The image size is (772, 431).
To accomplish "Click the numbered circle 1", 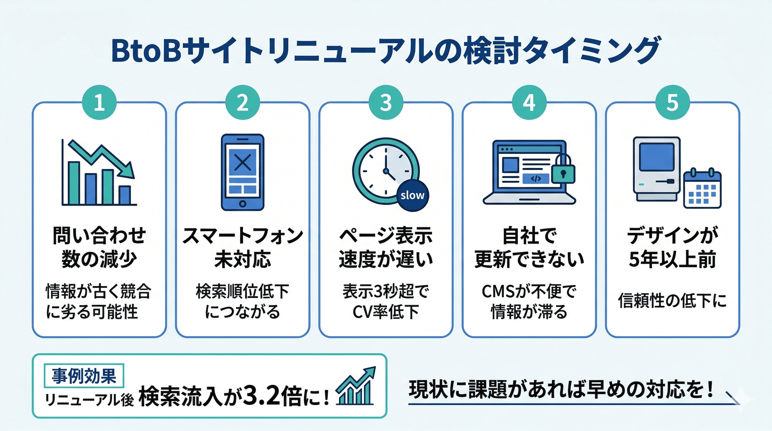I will (99, 102).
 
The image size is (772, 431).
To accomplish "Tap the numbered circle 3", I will (386, 102).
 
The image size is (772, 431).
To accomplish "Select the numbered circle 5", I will (672, 102).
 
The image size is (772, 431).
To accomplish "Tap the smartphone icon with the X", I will (242, 172).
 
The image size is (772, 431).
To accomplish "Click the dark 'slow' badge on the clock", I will (413, 195).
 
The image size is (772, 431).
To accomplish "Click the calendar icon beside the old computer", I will (702, 189).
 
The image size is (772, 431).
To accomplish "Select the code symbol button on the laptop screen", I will (536, 179).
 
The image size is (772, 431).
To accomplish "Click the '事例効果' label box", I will (84, 375).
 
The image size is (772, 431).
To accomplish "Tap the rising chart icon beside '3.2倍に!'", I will (356, 387).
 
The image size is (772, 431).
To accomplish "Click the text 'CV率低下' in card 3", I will (386, 312).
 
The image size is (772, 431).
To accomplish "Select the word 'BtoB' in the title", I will (146, 50).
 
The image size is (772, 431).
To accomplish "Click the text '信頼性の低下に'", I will (672, 301).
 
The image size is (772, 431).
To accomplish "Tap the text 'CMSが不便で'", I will (529, 291).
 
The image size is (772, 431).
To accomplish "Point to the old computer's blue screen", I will (656, 157).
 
